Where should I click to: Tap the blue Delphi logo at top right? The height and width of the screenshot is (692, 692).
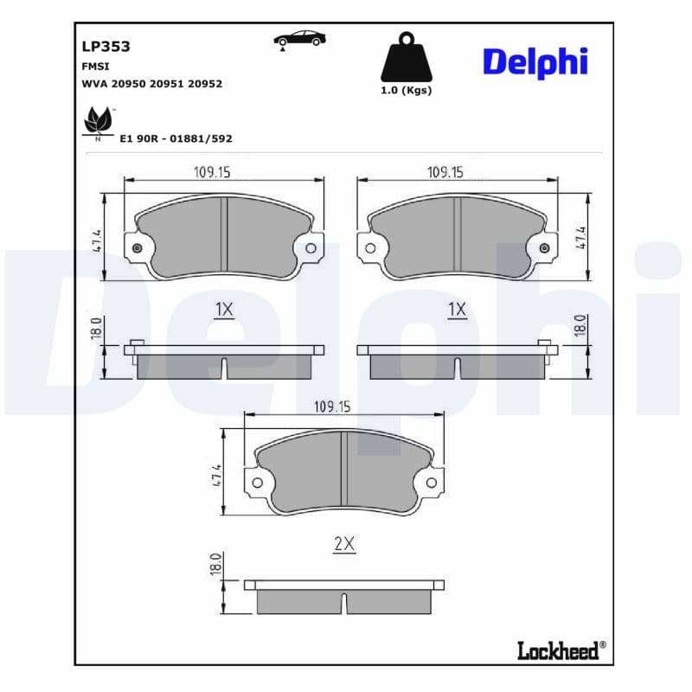pyautogui.click(x=535, y=61)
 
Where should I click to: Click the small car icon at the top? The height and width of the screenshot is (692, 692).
pyautogui.click(x=299, y=39)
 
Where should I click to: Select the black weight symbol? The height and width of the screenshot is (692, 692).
pyautogui.click(x=406, y=58)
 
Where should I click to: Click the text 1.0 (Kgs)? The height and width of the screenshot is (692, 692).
pyautogui.click(x=406, y=90)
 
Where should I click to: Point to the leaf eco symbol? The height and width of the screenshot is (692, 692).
pyautogui.click(x=98, y=122)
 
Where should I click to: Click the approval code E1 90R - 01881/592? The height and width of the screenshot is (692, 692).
pyautogui.click(x=176, y=138)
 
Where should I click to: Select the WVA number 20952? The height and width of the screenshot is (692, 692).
pyautogui.click(x=205, y=84)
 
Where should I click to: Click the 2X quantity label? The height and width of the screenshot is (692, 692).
pyautogui.click(x=344, y=544)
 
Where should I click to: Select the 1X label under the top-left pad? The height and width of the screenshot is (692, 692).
pyautogui.click(x=223, y=310)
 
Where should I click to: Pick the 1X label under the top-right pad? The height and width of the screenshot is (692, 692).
pyautogui.click(x=457, y=310)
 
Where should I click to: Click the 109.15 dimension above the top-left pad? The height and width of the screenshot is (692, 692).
pyautogui.click(x=212, y=172)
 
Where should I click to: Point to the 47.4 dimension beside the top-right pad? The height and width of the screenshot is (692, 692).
pyautogui.click(x=581, y=238)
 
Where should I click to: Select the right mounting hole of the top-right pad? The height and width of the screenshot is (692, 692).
pyautogui.click(x=544, y=249)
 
